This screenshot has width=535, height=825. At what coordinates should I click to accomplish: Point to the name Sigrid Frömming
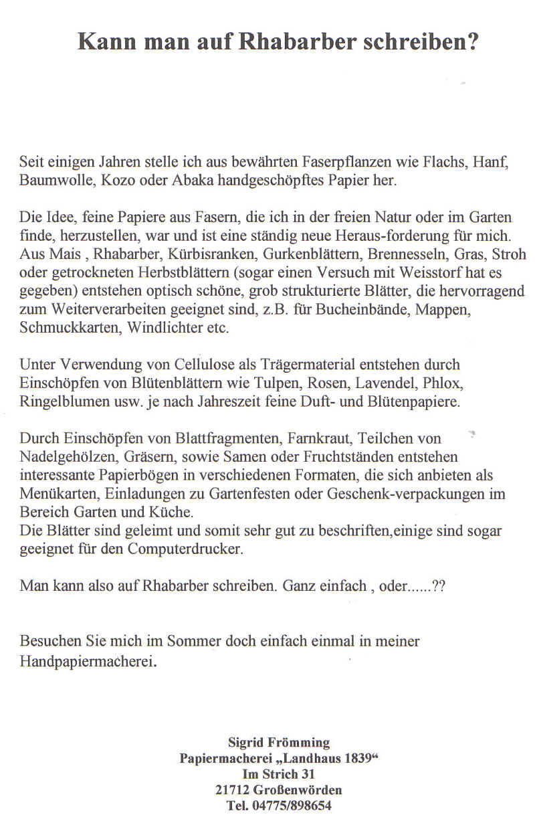[279, 742]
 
